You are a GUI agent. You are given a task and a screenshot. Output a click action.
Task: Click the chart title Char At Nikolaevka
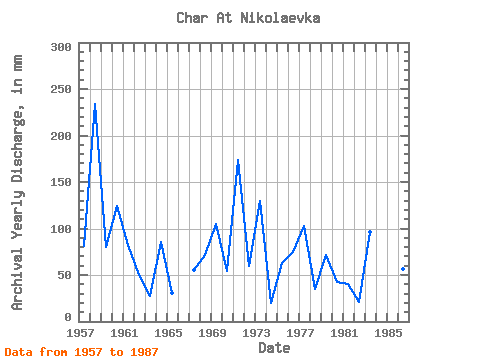pos(248,18)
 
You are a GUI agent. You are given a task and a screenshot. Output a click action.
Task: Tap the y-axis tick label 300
pos(61,47)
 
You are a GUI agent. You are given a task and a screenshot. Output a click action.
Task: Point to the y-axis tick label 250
pos(61,89)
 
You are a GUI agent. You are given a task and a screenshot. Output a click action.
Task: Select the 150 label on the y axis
pos(61,182)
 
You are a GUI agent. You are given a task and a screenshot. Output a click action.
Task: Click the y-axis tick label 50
pos(65,275)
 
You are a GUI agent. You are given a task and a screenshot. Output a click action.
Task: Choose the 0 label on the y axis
pos(68,317)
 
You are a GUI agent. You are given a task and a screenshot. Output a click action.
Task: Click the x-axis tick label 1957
pos(80,333)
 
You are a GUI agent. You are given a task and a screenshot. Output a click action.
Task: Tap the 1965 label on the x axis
pos(168,333)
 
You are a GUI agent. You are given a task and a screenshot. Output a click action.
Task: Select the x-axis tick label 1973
pos(256,333)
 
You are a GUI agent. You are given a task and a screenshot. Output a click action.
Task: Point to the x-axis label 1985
pos(388,333)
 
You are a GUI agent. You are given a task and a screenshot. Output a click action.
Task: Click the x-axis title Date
pos(274,348)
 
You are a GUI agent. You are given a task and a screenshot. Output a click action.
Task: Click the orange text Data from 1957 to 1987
pos(81,352)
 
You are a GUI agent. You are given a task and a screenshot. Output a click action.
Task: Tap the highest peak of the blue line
pos(95,104)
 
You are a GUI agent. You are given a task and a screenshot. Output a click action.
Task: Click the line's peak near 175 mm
pos(238,160)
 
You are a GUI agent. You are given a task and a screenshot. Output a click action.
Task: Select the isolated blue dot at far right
pos(403,269)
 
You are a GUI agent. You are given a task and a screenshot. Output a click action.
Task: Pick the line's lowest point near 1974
pos(271,303)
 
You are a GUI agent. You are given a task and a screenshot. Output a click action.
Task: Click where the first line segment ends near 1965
pos(172,293)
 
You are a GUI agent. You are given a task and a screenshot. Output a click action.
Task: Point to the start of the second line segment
pos(194,270)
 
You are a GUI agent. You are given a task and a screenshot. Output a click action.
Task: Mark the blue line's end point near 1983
pos(370,232)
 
